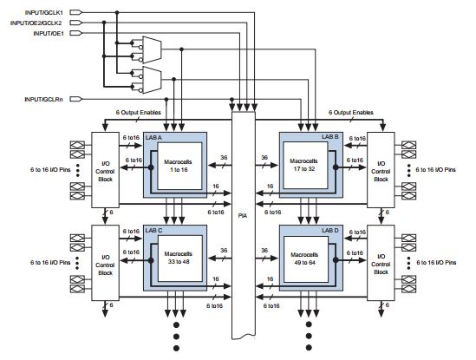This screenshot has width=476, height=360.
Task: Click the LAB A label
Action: pos(155,137)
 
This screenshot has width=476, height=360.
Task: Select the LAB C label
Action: pos(155,232)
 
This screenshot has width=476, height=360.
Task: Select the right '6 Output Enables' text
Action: pos(350,112)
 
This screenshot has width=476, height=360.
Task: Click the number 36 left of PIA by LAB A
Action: pos(224,156)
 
